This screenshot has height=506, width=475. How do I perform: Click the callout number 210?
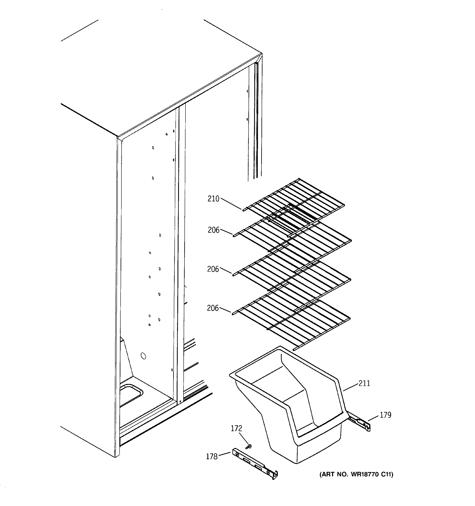tap(213, 199)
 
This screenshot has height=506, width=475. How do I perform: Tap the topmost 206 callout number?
tap(213, 230)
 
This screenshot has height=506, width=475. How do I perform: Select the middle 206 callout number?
tap(213, 269)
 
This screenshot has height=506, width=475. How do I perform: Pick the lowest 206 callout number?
tap(213, 308)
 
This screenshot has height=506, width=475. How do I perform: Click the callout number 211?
tap(364, 383)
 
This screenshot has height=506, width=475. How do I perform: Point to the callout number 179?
tap(385, 415)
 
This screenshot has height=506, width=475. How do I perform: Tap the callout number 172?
tap(236, 429)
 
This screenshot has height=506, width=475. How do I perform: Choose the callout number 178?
tap(212, 457)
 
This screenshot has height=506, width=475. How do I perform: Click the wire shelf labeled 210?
tap(293, 201)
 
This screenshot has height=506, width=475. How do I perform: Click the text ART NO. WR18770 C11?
tap(356, 475)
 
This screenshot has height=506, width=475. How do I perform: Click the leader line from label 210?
tap(231, 204)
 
